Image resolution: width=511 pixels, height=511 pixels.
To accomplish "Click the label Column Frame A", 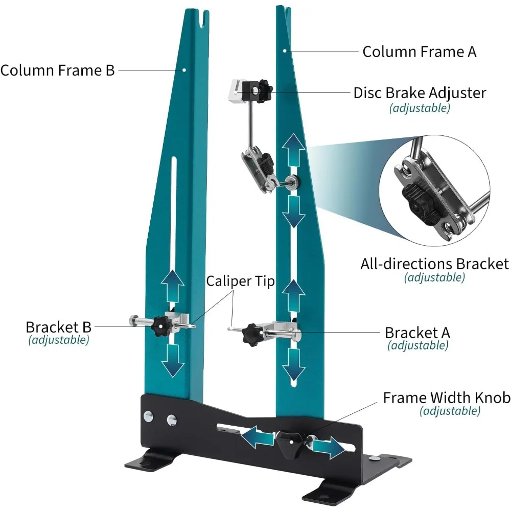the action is click(420, 52).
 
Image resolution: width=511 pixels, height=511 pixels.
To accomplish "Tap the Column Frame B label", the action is click(58, 71).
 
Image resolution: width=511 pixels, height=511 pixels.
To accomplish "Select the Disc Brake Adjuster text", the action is click(420, 93).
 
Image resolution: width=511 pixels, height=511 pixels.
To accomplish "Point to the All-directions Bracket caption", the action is click(434, 264).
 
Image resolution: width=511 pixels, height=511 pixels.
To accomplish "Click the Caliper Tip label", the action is click(241, 281).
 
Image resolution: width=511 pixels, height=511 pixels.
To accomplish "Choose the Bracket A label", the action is click(417, 333).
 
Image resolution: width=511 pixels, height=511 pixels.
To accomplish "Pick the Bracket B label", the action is click(58, 327).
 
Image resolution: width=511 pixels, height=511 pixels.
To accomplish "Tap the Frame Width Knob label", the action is click(447, 398).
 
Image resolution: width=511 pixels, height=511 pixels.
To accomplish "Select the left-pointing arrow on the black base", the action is click(257, 436).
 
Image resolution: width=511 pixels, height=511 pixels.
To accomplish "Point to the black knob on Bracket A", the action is click(252, 334).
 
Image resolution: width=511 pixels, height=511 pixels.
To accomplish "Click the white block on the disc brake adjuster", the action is click(237, 91).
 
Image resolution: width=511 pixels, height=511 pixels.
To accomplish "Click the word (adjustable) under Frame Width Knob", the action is click(450, 411).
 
